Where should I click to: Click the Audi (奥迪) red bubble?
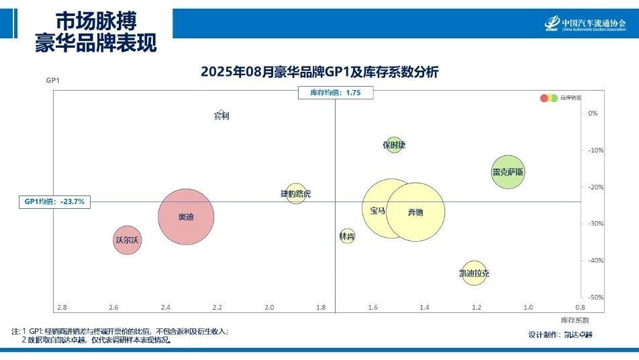pos(186,217)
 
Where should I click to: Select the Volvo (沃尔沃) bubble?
pos(127,240)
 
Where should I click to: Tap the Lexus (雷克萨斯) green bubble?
pos(507,172)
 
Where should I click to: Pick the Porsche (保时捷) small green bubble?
pos(394,145)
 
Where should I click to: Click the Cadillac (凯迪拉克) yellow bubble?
pos(474,273)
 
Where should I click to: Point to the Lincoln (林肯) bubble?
pos(346,236)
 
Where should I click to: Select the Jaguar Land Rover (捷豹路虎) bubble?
pos(295,194)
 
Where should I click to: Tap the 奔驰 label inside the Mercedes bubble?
pos(415,213)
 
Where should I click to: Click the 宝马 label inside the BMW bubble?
pos(377,210)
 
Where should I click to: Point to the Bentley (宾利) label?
pos(222,116)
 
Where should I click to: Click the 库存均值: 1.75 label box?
pos(335,93)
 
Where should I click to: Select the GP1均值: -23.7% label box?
pos(54,201)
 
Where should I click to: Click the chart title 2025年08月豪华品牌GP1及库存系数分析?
pos(319,73)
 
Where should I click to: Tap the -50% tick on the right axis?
pos(596,298)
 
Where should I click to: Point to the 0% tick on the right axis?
pos(593,114)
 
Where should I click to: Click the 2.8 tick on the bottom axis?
pos(62,308)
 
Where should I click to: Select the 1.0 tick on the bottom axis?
pos(528,308)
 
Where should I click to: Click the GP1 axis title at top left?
pos(53,81)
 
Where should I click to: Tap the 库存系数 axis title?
pos(575,320)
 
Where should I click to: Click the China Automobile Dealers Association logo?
pos(585,24)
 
